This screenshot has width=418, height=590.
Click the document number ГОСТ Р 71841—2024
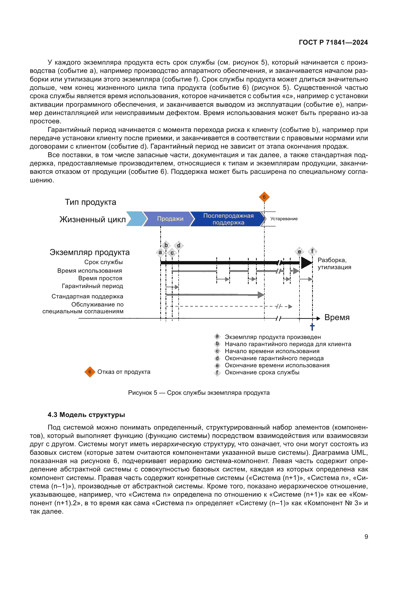pyautogui.click(x=333, y=42)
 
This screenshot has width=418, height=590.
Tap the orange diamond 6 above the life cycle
pyautogui.click(x=264, y=197)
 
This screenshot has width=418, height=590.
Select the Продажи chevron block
pyautogui.click(x=170, y=219)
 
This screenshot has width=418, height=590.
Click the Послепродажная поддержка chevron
pyautogui.click(x=228, y=219)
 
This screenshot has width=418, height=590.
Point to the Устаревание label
pyautogui.click(x=284, y=219)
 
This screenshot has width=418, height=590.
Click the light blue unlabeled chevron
pyautogui.click(x=135, y=219)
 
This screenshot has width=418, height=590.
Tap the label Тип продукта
pyautogui.click(x=90, y=202)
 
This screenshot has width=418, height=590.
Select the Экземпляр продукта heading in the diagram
pyautogui.click(x=89, y=252)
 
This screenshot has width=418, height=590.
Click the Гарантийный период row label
pyautogui.click(x=92, y=286)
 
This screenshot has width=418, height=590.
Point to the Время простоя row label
pyautogui.click(x=100, y=278)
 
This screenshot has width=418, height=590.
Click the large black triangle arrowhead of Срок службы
pyautogui.click(x=306, y=263)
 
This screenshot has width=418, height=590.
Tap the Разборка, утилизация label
pyautogui.click(x=334, y=264)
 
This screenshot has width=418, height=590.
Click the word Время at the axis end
pyautogui.click(x=337, y=317)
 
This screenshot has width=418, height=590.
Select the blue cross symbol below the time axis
pyautogui.click(x=312, y=327)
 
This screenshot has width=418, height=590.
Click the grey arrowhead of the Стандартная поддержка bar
pyautogui.click(x=261, y=295)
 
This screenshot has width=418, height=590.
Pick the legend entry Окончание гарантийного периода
pyautogui.click(x=274, y=358)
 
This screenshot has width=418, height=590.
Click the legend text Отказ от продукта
pyautogui.click(x=124, y=372)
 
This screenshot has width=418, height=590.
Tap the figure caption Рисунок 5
pyautogui.click(x=199, y=393)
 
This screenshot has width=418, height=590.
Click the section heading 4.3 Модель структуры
pyautogui.click(x=86, y=415)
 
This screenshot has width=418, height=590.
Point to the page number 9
pyautogui.click(x=366, y=537)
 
